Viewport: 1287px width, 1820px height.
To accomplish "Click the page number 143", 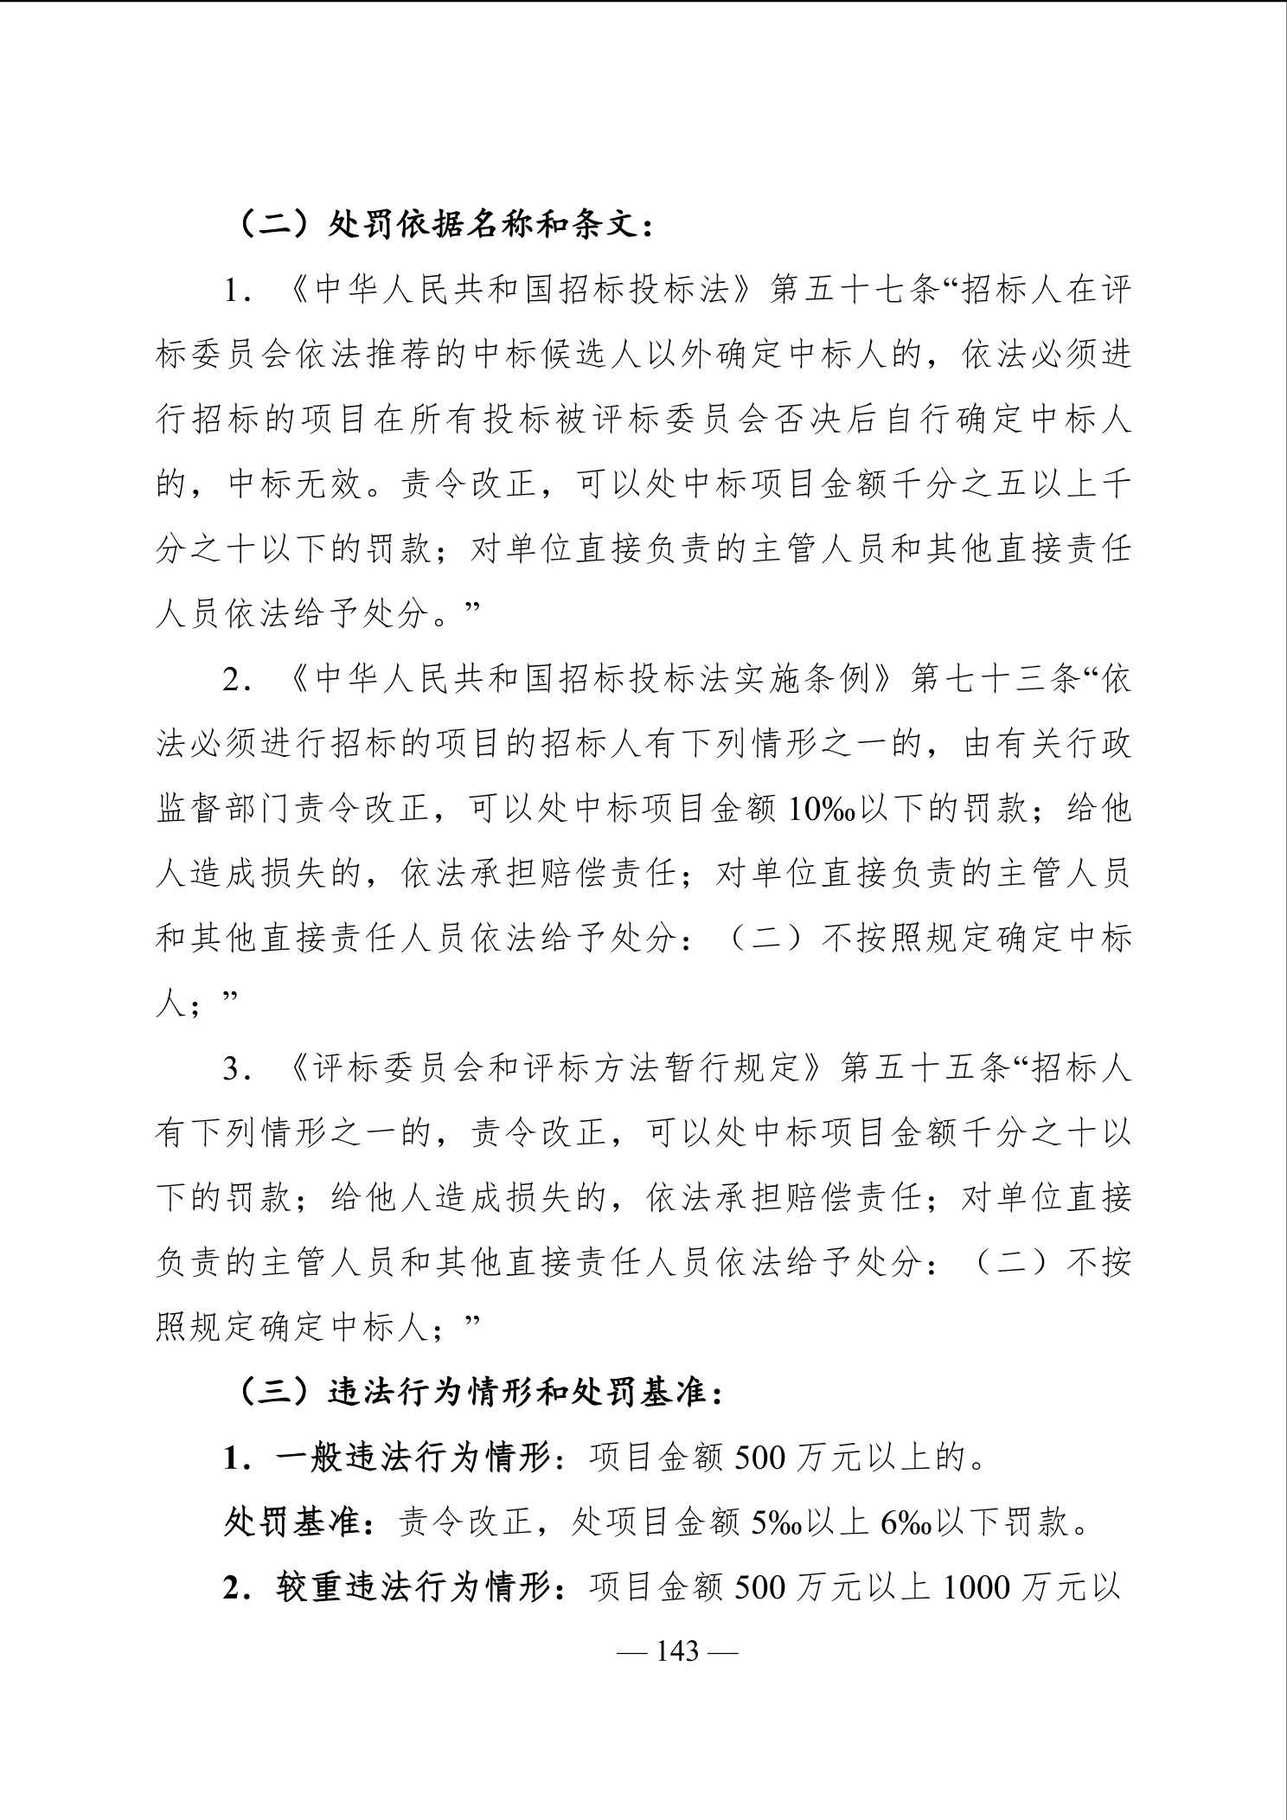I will [677, 1651].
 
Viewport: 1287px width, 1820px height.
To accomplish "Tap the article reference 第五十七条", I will [855, 291].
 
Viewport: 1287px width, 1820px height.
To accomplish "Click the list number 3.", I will [231, 1070].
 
